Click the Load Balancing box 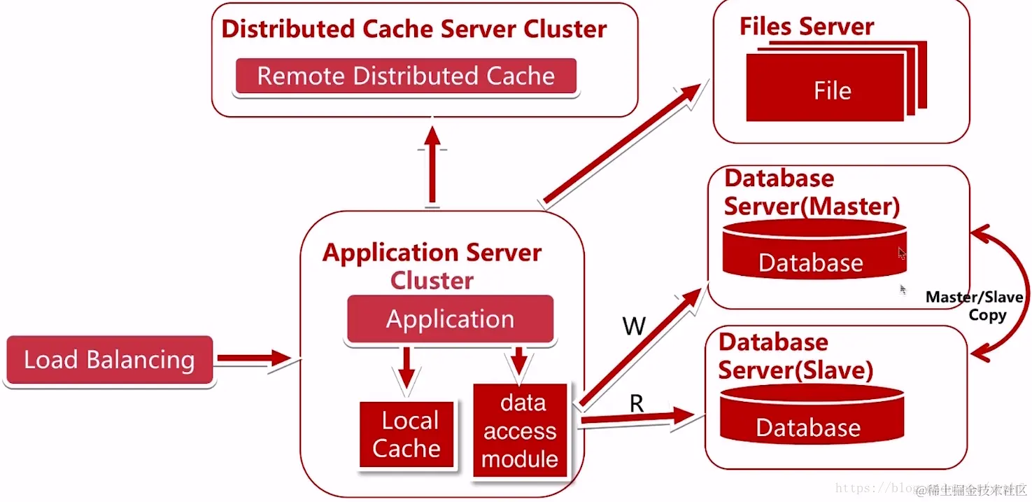(x=109, y=360)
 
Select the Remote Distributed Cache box (x=406, y=76)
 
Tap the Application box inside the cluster (x=450, y=319)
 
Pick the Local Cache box (x=407, y=435)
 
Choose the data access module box (x=520, y=431)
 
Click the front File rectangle (x=826, y=90)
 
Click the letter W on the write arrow (x=633, y=326)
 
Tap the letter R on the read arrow (x=636, y=403)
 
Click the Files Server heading (x=807, y=27)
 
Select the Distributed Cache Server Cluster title (x=413, y=29)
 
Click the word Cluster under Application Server (x=432, y=281)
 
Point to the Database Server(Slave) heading (x=796, y=356)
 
